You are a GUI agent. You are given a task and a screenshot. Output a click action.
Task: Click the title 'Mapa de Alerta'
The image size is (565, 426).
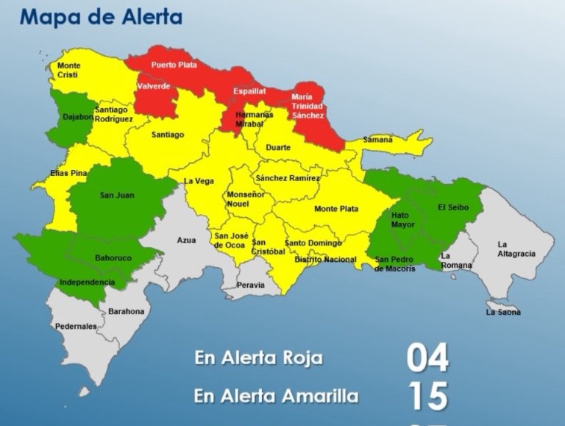(101, 17)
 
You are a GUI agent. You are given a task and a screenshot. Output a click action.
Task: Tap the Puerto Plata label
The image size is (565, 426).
(174, 65)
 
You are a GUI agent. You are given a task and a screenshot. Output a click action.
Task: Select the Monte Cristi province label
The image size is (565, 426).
(69, 70)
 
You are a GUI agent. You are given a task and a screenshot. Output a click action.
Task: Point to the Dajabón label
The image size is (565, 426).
(78, 116)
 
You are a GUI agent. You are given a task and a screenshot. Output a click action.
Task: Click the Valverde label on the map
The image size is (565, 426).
(154, 86)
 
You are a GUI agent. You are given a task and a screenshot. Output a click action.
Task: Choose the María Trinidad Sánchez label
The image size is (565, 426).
(307, 106)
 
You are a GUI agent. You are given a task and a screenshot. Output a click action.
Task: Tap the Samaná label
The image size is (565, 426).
(377, 140)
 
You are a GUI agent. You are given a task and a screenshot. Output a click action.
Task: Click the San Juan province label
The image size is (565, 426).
(116, 195)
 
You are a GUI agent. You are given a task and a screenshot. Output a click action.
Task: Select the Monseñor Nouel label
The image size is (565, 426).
(246, 199)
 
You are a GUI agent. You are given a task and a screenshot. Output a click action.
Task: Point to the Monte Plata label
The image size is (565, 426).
(336, 209)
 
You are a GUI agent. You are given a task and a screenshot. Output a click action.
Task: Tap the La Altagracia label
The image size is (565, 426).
(516, 249)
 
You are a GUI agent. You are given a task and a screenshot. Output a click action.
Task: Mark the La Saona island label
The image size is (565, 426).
(503, 312)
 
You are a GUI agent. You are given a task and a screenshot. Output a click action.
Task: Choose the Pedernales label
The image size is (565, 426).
(76, 326)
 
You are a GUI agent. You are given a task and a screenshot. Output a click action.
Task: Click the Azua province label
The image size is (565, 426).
(186, 240)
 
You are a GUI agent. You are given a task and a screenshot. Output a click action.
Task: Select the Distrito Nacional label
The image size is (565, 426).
(325, 260)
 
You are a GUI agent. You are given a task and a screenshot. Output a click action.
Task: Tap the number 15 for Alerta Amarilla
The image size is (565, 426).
(427, 397)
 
